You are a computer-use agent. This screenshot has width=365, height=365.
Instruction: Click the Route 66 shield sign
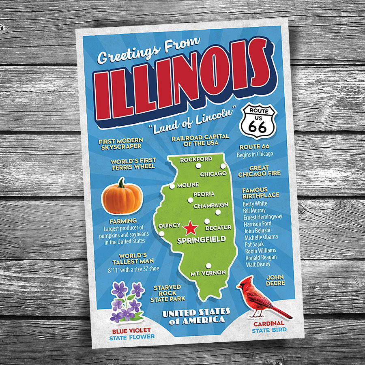coord(258,121)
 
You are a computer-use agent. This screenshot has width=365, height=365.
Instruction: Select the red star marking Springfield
coord(189,229)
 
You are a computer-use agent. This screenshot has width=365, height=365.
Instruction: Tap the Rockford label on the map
coord(196,159)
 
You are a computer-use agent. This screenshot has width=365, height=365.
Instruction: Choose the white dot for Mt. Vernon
coord(208,266)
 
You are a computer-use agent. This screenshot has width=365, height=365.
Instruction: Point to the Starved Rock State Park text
coord(167,293)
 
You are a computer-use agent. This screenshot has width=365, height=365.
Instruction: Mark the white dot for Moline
coord(172,186)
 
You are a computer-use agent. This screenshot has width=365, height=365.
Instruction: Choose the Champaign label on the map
coord(211,206)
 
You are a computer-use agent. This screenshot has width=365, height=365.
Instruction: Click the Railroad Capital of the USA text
coord(200,140)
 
